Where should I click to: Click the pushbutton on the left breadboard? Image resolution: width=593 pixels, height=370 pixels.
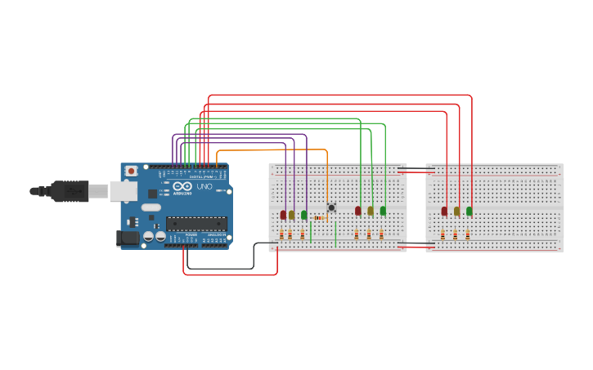click(331, 207)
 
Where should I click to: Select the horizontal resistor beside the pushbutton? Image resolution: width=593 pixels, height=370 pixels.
click(320, 218)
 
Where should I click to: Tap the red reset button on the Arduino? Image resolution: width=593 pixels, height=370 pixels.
click(131, 172)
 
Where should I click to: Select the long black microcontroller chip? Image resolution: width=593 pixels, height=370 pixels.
click(196, 223)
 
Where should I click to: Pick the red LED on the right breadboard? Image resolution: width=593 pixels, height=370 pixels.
click(444, 211)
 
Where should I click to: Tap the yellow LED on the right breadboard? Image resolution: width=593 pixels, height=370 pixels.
click(456, 211)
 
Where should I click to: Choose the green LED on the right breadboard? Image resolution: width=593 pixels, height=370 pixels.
click(469, 211)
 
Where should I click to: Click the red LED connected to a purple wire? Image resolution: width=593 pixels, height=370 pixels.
click(283, 215)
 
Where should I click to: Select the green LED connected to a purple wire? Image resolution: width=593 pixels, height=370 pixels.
click(304, 215)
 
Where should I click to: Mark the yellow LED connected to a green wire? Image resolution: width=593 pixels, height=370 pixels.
click(371, 211)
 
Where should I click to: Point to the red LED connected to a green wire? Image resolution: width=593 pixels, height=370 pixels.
click(357, 211)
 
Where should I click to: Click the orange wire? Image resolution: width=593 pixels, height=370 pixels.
click(270, 150)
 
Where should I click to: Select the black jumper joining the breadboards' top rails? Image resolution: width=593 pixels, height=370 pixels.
click(416, 169)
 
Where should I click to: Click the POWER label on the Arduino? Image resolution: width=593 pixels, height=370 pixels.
click(191, 234)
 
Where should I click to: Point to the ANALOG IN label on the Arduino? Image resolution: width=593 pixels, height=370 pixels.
click(216, 234)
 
